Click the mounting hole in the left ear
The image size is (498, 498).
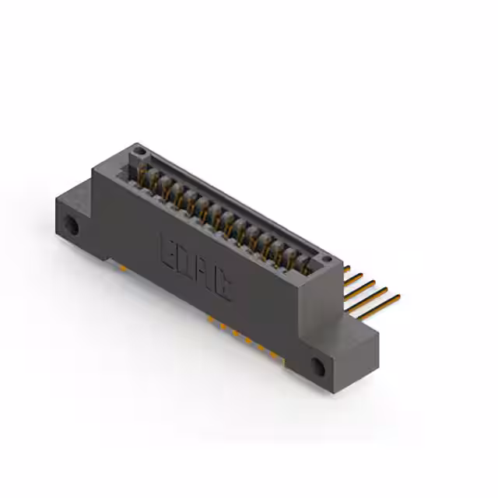pyautogui.click(x=71, y=226)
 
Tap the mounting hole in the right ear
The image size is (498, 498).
pyautogui.click(x=318, y=367)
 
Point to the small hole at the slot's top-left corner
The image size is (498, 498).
pyautogui.click(x=138, y=149)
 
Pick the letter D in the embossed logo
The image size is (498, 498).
pyautogui.click(x=184, y=263)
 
